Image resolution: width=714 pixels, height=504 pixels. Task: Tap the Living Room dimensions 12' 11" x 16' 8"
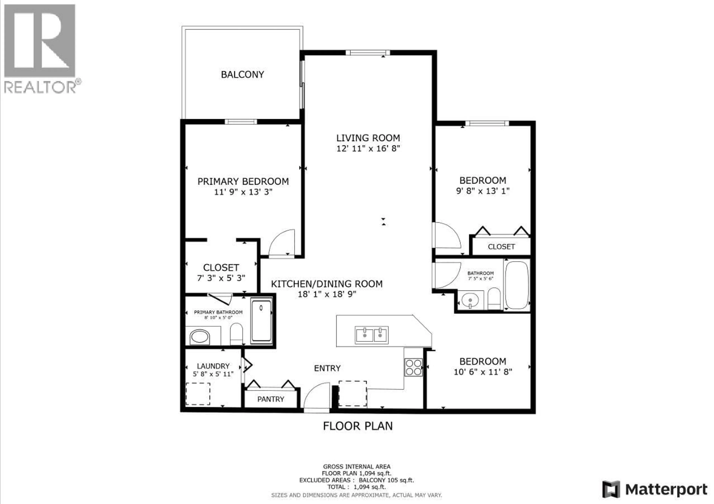[x=368, y=149]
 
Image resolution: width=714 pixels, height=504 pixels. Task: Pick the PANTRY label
[x=271, y=399]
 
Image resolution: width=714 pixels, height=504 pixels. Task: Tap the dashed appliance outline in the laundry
[x=198, y=394]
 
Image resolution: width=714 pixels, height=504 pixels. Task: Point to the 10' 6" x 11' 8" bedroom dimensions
[x=483, y=372]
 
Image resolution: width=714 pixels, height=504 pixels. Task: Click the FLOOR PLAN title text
[x=358, y=426]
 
